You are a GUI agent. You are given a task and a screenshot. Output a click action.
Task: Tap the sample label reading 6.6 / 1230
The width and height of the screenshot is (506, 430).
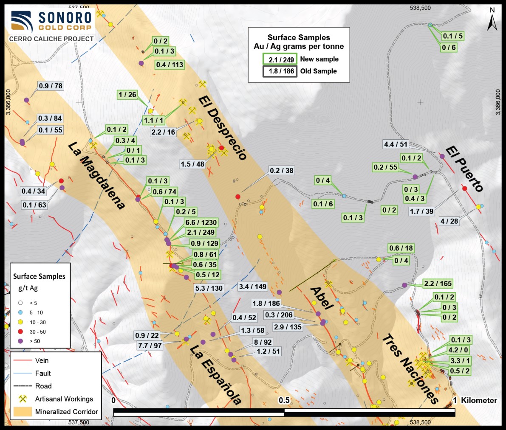pos(201,222)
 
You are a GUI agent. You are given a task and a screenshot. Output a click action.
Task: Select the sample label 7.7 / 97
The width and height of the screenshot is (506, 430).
pos(150,346)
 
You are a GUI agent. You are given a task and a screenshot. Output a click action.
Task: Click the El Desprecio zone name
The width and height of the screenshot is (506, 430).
pos(222,127)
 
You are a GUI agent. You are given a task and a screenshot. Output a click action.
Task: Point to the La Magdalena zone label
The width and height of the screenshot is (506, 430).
pos(97,175)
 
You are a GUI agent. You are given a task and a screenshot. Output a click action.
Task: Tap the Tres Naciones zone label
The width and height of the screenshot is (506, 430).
pos(410,369)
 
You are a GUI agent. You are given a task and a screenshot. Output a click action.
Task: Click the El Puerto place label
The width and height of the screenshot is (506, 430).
pos(464,169)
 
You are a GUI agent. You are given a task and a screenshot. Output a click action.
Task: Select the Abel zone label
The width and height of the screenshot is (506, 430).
pos(322,298)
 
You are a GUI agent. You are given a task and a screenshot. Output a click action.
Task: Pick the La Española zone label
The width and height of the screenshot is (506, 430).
pos(215,374)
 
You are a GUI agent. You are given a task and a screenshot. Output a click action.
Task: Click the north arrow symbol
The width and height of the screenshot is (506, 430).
pos(492,21)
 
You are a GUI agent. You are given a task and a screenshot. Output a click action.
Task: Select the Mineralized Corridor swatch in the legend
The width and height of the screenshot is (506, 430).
pos(23,412)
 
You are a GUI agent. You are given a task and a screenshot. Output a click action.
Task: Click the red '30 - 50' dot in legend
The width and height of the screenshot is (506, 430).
pos(20,332)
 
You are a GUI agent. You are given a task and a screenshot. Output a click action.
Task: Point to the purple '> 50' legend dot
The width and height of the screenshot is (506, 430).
pos(20,341)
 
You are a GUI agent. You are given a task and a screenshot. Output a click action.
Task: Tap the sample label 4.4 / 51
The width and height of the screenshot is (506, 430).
pos(396,144)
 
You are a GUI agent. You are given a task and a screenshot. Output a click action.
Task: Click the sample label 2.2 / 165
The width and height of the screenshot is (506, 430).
pos(438,284)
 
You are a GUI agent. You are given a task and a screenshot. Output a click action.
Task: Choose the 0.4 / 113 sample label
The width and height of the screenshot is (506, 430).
pos(170,65)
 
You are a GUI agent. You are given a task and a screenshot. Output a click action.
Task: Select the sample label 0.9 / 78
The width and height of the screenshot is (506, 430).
pos(51,86)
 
